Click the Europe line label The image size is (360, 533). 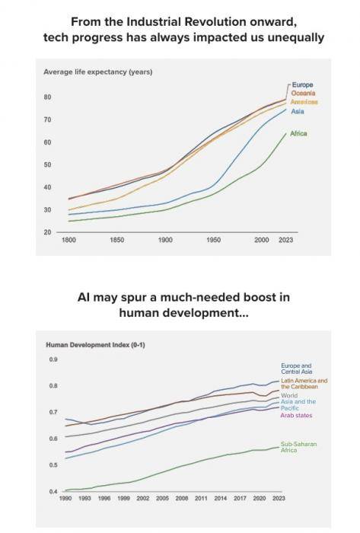[302, 85]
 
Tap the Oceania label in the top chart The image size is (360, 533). [303, 93]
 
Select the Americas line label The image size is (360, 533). [304, 101]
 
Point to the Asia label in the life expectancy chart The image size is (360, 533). [298, 111]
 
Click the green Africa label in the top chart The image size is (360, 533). [298, 133]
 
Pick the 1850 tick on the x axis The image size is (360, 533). [117, 240]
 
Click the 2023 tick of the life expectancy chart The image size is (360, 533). [285, 240]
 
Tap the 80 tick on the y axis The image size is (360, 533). [47, 97]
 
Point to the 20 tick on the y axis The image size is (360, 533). [47, 232]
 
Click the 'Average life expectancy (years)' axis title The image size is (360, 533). [98, 72]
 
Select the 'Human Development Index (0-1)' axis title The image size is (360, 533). [95, 345]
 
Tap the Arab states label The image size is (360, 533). [296, 416]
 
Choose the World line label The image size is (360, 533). [289, 395]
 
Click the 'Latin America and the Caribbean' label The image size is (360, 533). [304, 384]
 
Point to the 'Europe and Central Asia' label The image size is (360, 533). [297, 369]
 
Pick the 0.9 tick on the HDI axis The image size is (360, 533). [53, 359]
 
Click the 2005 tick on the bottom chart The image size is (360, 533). [162, 498]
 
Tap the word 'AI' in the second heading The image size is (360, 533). [84, 298]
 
